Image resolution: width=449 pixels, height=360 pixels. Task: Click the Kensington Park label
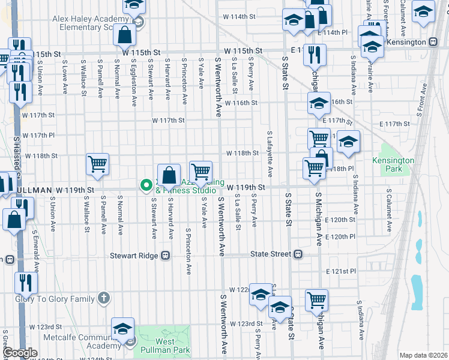(393, 164)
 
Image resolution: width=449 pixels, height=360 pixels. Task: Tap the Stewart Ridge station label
(133, 255)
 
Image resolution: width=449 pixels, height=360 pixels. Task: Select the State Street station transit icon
(298, 254)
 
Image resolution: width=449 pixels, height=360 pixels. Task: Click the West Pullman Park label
(157, 346)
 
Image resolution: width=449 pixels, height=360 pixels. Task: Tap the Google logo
(20, 353)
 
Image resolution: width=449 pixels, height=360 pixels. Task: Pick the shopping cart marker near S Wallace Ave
(97, 164)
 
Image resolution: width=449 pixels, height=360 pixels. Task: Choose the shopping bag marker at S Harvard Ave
(170, 175)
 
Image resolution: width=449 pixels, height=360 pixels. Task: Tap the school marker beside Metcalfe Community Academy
(122, 329)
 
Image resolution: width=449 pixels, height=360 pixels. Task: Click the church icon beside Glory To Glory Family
(104, 298)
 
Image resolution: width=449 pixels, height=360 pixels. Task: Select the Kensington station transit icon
(432, 43)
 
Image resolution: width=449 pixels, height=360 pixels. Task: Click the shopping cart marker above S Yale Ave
(200, 172)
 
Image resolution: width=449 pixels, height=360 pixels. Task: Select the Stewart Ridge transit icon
(165, 255)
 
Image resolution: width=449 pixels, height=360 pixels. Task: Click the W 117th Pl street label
(38, 135)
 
